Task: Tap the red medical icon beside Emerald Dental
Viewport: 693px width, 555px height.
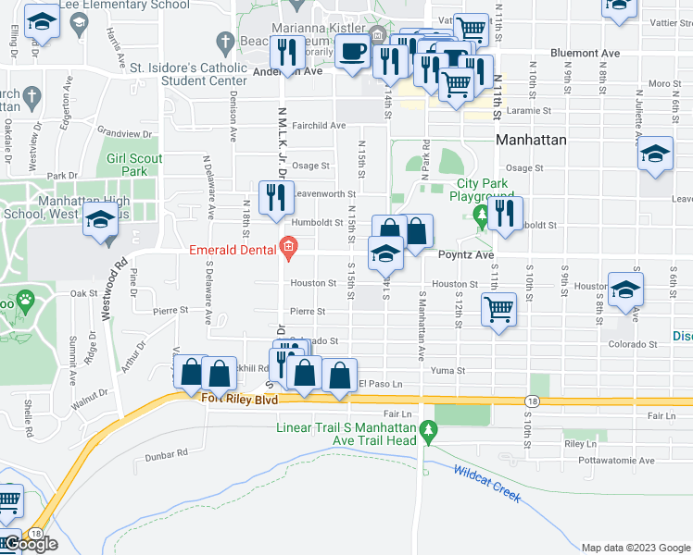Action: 288,247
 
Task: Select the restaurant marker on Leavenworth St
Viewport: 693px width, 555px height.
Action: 275,198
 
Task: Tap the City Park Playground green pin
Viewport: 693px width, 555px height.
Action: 480,218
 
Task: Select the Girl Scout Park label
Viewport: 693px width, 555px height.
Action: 134,165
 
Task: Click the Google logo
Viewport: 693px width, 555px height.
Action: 30,543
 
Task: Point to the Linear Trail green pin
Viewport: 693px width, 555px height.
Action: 427,430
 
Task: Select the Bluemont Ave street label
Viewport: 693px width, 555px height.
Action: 585,54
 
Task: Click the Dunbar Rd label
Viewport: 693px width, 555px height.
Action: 168,452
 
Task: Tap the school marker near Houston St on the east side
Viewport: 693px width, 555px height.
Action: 625,289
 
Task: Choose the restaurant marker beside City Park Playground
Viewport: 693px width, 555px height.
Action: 506,214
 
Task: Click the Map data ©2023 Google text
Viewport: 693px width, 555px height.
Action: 635,547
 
